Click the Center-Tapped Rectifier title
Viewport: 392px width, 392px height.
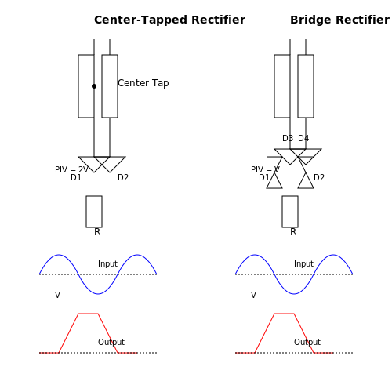click(x=169, y=20)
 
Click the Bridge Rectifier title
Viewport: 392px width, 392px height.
click(x=339, y=20)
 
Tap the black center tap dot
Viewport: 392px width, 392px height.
click(x=94, y=86)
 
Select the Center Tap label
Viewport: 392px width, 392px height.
click(x=143, y=83)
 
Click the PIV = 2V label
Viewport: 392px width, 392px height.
click(x=71, y=169)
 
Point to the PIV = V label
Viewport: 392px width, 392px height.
click(x=265, y=169)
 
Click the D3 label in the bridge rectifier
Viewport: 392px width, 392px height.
click(x=288, y=138)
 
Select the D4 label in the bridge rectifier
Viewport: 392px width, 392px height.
click(x=303, y=138)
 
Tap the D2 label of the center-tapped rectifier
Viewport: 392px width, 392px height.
click(x=123, y=177)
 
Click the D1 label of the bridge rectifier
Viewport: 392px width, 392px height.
click(x=264, y=177)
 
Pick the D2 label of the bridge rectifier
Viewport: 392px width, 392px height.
click(x=319, y=177)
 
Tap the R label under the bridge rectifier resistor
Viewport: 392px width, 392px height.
click(x=293, y=232)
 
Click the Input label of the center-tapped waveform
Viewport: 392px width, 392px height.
click(x=107, y=263)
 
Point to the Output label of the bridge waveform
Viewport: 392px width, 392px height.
click(x=307, y=342)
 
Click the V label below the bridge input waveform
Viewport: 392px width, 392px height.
click(x=253, y=295)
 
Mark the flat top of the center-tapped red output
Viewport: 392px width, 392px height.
click(x=89, y=314)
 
